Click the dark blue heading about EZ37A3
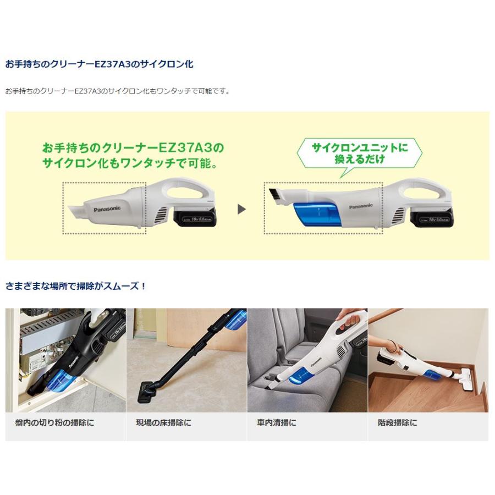pyautogui.click(x=99, y=64)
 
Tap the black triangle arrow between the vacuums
pyautogui.click(x=241, y=209)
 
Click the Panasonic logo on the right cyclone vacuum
pyautogui.click(x=361, y=206)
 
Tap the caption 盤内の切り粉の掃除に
pyautogui.click(x=55, y=423)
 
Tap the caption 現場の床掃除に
pyautogui.click(x=163, y=423)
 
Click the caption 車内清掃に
pyautogui.click(x=276, y=423)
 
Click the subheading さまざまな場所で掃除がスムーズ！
pyautogui.click(x=76, y=286)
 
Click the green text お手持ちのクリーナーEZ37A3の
pyautogui.click(x=133, y=148)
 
